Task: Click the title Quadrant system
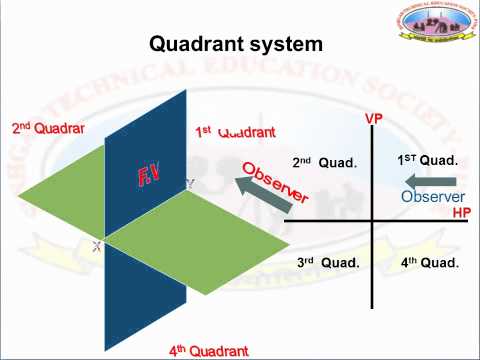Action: (x=236, y=45)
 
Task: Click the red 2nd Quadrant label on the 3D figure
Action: (x=48, y=128)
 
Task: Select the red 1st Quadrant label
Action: (x=235, y=132)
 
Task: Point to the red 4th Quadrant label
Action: (x=208, y=351)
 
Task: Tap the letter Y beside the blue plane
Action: (x=190, y=184)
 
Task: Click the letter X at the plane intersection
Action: (x=97, y=246)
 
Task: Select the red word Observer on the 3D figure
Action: (x=275, y=183)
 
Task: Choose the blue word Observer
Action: (x=433, y=197)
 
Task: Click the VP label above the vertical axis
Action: (x=374, y=119)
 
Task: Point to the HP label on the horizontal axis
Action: (x=461, y=213)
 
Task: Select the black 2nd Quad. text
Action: (x=324, y=162)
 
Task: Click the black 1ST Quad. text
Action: (x=427, y=160)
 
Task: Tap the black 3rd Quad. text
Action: (x=327, y=262)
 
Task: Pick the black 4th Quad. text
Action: (x=429, y=262)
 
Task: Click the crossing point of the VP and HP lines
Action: (x=373, y=219)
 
